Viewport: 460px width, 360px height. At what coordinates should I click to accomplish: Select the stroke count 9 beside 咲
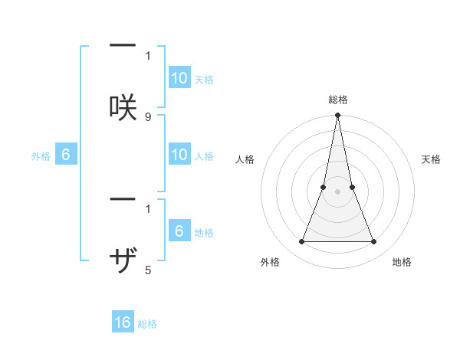[148, 116]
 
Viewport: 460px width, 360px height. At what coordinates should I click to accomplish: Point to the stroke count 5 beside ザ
[148, 270]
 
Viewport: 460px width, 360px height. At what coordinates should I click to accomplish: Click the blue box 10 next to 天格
[179, 78]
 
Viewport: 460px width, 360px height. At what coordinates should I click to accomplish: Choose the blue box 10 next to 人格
[179, 155]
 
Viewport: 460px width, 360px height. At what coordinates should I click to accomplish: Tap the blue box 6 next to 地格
[179, 231]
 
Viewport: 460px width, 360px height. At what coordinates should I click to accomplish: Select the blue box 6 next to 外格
[66, 155]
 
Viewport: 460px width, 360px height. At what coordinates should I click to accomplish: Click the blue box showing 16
[123, 322]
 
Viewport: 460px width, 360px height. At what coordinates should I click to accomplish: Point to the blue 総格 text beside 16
[147, 324]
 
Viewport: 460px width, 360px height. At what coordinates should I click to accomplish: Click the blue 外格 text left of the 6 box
[41, 156]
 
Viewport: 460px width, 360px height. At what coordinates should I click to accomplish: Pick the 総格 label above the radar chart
[337, 100]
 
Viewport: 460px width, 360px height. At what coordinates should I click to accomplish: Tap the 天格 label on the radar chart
[432, 159]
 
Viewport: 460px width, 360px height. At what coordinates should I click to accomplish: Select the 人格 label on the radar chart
[245, 159]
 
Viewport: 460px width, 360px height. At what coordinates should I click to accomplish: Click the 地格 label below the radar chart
[402, 262]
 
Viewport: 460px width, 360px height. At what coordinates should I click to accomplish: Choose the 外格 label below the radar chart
[270, 262]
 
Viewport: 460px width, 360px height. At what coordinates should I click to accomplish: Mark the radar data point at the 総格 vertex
[337, 116]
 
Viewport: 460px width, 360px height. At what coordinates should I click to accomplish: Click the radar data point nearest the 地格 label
[373, 242]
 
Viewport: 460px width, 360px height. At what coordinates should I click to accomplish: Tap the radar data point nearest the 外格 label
[301, 242]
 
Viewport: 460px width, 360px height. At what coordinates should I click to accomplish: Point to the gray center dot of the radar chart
[337, 191]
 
